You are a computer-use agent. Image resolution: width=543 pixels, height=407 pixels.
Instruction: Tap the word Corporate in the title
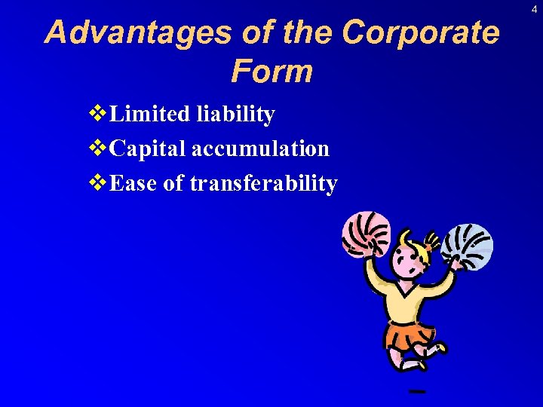(x=420, y=33)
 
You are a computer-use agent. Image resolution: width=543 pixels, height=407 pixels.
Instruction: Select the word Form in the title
(x=271, y=72)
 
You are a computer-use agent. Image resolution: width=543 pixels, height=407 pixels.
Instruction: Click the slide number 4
(x=534, y=9)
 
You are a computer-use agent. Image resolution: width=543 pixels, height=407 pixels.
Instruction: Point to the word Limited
(x=150, y=115)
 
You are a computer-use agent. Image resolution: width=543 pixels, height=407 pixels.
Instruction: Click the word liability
(x=235, y=115)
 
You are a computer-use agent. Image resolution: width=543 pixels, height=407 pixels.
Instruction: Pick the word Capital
(x=148, y=148)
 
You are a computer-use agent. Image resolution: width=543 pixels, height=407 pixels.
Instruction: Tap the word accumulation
(x=260, y=148)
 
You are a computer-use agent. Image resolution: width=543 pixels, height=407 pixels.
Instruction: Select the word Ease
(x=134, y=182)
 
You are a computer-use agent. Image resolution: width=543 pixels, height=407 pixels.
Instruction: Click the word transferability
(x=263, y=183)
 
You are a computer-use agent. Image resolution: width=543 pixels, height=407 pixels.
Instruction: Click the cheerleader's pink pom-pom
(x=367, y=234)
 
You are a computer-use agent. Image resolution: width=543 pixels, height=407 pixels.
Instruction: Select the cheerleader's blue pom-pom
(x=468, y=246)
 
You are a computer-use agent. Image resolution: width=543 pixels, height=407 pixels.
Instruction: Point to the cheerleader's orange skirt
(x=410, y=336)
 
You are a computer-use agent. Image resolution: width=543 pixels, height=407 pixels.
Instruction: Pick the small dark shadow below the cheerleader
(x=416, y=391)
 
